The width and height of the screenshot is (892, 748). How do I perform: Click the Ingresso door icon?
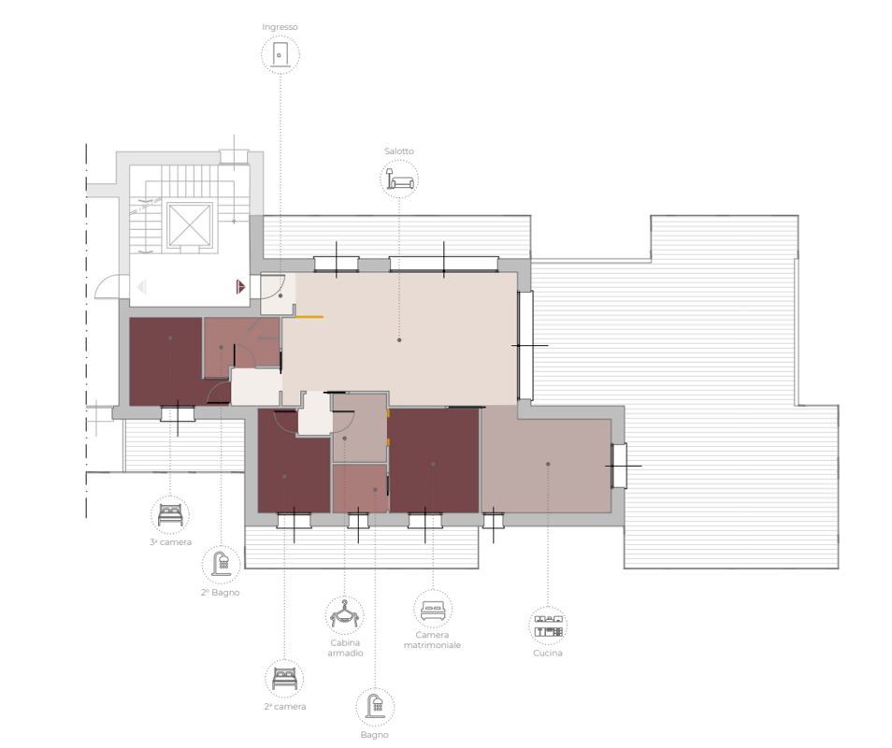click(280, 54)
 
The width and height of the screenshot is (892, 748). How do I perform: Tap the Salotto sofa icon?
click(399, 179)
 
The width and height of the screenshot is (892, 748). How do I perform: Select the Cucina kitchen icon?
click(548, 626)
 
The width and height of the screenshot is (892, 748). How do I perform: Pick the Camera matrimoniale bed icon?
click(433, 610)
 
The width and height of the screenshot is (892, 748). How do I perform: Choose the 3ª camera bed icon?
click(170, 515)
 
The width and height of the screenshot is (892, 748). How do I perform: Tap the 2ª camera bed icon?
click(284, 679)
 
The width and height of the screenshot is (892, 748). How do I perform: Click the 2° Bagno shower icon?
click(222, 564)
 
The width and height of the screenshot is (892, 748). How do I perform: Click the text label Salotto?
click(399, 151)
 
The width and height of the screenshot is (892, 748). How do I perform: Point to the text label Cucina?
click(548, 653)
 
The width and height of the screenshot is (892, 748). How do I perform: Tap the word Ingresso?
click(280, 27)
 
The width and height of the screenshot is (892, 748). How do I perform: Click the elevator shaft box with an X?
click(190, 225)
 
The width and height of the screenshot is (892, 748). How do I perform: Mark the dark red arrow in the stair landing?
click(240, 287)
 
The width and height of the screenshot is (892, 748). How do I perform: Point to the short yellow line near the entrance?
click(309, 317)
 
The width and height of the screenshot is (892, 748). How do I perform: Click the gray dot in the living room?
click(399, 340)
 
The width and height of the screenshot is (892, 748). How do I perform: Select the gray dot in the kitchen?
click(548, 464)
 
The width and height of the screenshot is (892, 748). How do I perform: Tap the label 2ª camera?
click(285, 707)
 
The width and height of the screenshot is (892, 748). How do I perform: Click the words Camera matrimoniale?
click(432, 640)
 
